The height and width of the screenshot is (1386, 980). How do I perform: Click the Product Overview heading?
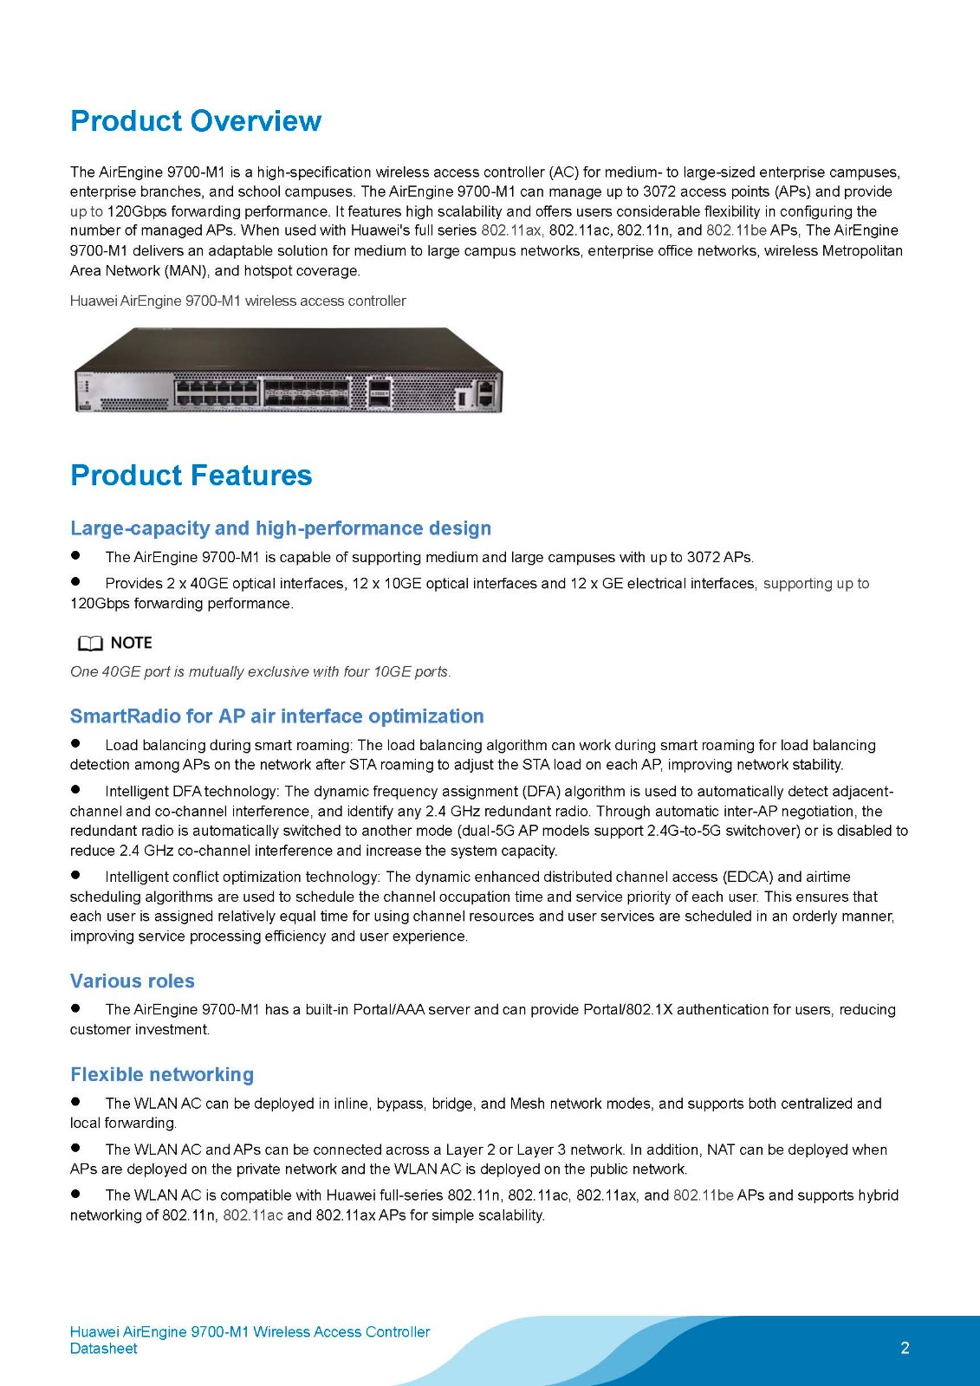[196, 121]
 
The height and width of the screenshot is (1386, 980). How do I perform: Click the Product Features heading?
[191, 476]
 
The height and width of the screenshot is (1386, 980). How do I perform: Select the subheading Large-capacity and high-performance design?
[281, 528]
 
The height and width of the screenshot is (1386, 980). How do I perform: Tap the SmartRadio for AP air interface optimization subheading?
[276, 716]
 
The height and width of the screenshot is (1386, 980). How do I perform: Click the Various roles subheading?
[133, 981]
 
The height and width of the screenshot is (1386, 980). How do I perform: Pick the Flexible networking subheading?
[162, 1075]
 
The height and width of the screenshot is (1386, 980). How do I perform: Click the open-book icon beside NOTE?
[89, 644]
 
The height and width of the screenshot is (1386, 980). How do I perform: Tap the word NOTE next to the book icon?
[132, 643]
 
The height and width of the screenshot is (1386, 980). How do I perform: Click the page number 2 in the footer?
[905, 1348]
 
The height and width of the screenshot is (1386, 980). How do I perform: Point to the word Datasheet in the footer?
[104, 1349]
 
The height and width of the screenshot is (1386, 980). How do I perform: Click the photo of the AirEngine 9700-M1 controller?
[289, 370]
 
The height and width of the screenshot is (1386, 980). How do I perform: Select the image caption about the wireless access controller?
[237, 301]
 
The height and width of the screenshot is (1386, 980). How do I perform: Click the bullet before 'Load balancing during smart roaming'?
[76, 743]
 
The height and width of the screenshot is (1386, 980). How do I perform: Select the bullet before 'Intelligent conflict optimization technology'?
[76, 875]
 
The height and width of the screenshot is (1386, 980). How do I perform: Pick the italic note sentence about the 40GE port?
[260, 671]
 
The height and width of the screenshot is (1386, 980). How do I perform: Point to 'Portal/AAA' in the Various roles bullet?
[388, 1010]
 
